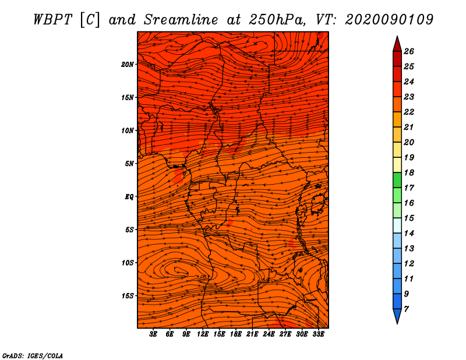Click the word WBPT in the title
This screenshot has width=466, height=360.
coord(52,20)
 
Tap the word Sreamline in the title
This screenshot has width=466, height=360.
coord(181,20)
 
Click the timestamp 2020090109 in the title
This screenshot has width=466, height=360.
coord(389,20)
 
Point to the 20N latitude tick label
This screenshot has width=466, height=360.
coord(127,65)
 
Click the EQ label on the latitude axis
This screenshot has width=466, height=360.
coord(129,197)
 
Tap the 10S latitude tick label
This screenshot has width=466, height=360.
coord(127,263)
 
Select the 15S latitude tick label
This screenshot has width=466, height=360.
coord(127,296)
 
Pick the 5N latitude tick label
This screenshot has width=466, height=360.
coord(129,164)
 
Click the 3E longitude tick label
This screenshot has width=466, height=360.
coord(153,334)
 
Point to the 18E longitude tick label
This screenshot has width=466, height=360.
coord(235,334)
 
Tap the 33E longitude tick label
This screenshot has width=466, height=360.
coord(318,334)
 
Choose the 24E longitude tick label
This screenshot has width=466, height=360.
coord(269,334)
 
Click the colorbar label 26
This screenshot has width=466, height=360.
coord(409,51)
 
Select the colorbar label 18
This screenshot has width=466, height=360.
coord(409,172)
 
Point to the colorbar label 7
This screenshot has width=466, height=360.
coord(406,309)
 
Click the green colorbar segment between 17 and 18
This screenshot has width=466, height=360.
coord(397,180)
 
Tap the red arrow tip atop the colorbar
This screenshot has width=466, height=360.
coord(397,37)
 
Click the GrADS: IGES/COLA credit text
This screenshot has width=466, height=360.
coord(33,356)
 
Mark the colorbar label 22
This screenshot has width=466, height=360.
coord(409,112)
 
